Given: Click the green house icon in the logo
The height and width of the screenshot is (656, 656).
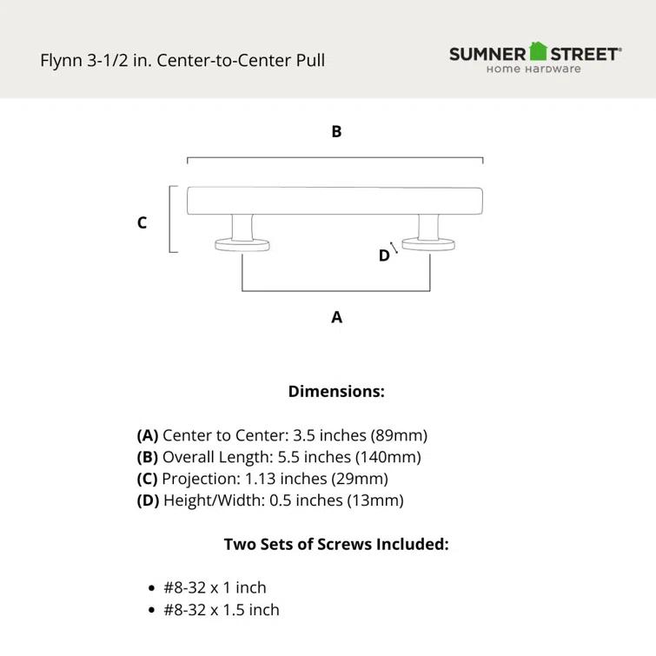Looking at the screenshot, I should (x=539, y=51).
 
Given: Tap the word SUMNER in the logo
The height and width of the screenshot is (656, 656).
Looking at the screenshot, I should (x=487, y=54).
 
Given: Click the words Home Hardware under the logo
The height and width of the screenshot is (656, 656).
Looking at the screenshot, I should (x=533, y=70).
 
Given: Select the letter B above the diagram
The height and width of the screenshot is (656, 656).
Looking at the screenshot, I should (x=336, y=132).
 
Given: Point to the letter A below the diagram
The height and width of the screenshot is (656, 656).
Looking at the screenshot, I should (x=336, y=318).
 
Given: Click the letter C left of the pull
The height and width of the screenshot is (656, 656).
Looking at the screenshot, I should (x=142, y=223).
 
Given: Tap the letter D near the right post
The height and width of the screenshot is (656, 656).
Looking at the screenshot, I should (x=383, y=256).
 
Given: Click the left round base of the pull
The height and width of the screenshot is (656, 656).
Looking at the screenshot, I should (x=242, y=246).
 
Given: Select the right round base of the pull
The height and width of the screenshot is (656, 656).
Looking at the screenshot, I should (x=428, y=246).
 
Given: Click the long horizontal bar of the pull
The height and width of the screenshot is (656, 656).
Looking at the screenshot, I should (x=335, y=200).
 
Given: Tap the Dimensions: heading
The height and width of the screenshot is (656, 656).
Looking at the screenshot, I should (x=336, y=392).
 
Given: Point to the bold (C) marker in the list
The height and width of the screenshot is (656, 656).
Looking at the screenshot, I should (x=147, y=479).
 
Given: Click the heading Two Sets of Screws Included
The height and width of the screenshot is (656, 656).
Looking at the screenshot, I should (x=336, y=545).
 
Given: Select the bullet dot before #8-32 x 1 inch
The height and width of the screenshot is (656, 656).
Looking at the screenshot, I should (x=153, y=588).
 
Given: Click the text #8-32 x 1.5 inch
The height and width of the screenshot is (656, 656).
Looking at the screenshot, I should (x=222, y=610).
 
